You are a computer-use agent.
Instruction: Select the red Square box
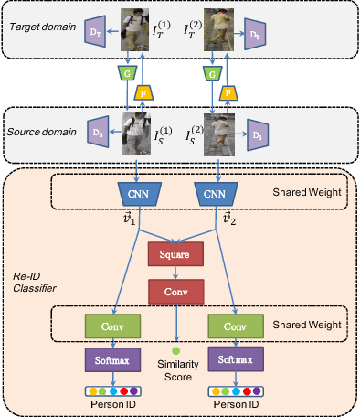pos(176,255)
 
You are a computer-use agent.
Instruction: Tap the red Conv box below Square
pos(176,290)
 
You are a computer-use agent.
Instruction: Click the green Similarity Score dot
pos(176,350)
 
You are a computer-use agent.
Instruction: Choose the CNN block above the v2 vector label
pos(214,196)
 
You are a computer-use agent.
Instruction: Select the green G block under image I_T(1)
pos(125,70)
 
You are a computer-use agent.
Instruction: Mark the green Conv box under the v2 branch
pos(236,326)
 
